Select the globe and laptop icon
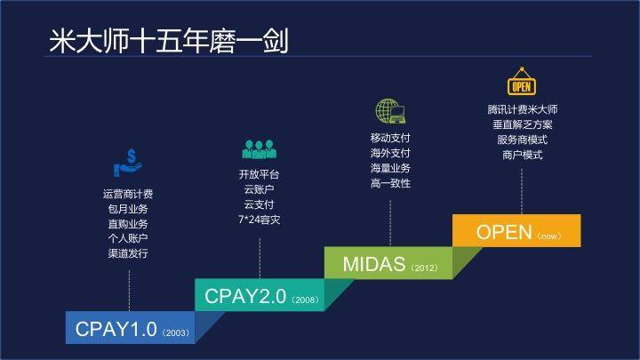point(390,111)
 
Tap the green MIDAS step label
point(364,264)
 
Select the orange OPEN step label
point(505,233)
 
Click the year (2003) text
point(172,333)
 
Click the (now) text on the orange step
point(548,236)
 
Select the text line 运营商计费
point(128,194)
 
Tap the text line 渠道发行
point(128,253)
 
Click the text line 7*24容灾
point(260,220)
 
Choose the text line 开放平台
point(260,173)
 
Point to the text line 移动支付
point(390,138)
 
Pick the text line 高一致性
point(390,183)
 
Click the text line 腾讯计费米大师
point(522,109)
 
